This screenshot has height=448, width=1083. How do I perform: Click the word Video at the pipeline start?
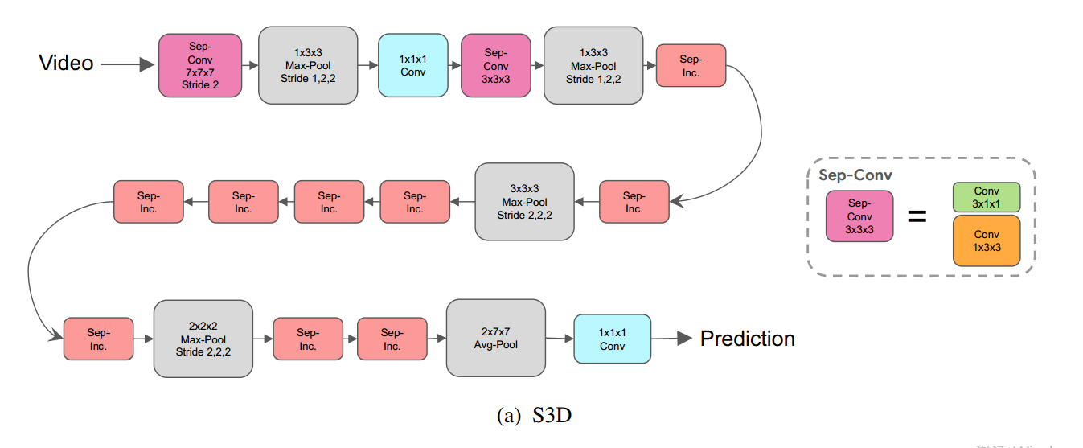(66, 64)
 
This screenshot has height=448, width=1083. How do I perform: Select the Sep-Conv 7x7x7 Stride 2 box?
(200, 65)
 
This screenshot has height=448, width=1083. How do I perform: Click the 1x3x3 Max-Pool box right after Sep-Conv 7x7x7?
(307, 65)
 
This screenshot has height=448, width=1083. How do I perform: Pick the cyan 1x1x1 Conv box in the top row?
(412, 65)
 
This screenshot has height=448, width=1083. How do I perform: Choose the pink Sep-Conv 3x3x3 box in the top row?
(496, 65)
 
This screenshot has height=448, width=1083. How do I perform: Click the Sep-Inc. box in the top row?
(691, 65)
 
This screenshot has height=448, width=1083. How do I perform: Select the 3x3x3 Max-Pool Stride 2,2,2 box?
(524, 202)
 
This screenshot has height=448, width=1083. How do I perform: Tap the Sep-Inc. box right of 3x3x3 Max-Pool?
(634, 202)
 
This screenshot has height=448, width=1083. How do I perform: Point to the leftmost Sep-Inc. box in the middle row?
(148, 202)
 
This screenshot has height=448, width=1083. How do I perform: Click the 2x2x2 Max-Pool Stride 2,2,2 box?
(203, 339)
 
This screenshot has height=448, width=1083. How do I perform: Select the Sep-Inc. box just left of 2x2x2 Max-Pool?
(98, 339)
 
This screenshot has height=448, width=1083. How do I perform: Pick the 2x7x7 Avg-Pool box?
(495, 338)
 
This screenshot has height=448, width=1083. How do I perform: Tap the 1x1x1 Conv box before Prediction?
(612, 339)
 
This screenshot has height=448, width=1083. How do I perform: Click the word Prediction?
(747, 339)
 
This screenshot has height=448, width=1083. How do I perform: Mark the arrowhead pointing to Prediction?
(684, 339)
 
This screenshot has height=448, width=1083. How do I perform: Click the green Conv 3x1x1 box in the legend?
(986, 197)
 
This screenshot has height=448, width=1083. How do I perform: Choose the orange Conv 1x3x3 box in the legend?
(986, 240)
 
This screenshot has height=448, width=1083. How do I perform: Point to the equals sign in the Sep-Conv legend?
(917, 216)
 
